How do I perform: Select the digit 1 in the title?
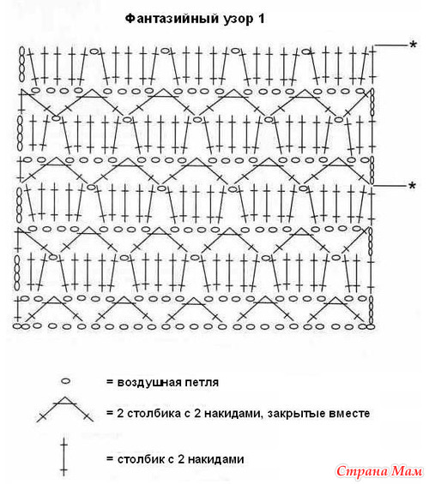coord(261,19)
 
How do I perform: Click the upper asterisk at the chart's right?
coord(414,45)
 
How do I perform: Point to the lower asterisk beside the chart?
coord(412,186)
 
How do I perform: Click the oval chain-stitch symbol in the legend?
coord(65,381)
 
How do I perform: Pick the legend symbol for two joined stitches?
coord(64,409)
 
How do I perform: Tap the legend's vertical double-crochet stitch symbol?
coord(63,457)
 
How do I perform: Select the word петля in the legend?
coord(202,383)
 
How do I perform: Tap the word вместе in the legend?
coord(349,413)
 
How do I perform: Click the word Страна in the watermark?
coord(362,471)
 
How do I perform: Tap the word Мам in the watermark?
coord(407,471)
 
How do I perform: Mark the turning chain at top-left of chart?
coord(21,64)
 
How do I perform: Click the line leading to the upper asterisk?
coord(391,45)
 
